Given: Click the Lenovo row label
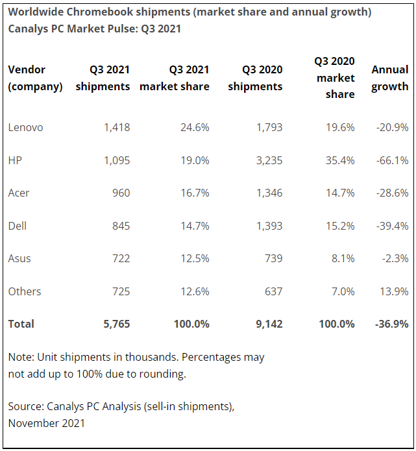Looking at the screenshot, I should tap(25, 127).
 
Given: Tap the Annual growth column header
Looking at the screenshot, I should tap(389, 78).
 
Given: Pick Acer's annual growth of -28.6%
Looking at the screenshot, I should tap(392, 193).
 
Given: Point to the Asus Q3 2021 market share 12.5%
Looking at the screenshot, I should tap(195, 258).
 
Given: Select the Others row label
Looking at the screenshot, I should tap(24, 291).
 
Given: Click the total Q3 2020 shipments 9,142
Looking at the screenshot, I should tap(268, 324).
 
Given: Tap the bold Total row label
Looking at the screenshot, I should tap(21, 324).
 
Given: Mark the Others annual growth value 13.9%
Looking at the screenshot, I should tap(395, 291).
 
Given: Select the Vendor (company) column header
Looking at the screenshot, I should tap(35, 78).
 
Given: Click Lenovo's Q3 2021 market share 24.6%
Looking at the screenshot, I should tap(195, 127).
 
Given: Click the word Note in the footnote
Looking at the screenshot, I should tap(20, 357).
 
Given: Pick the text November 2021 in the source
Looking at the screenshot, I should tap(46, 423).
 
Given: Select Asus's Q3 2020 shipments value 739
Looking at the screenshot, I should tap(273, 258).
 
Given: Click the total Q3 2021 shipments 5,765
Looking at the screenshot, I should tap(116, 324).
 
